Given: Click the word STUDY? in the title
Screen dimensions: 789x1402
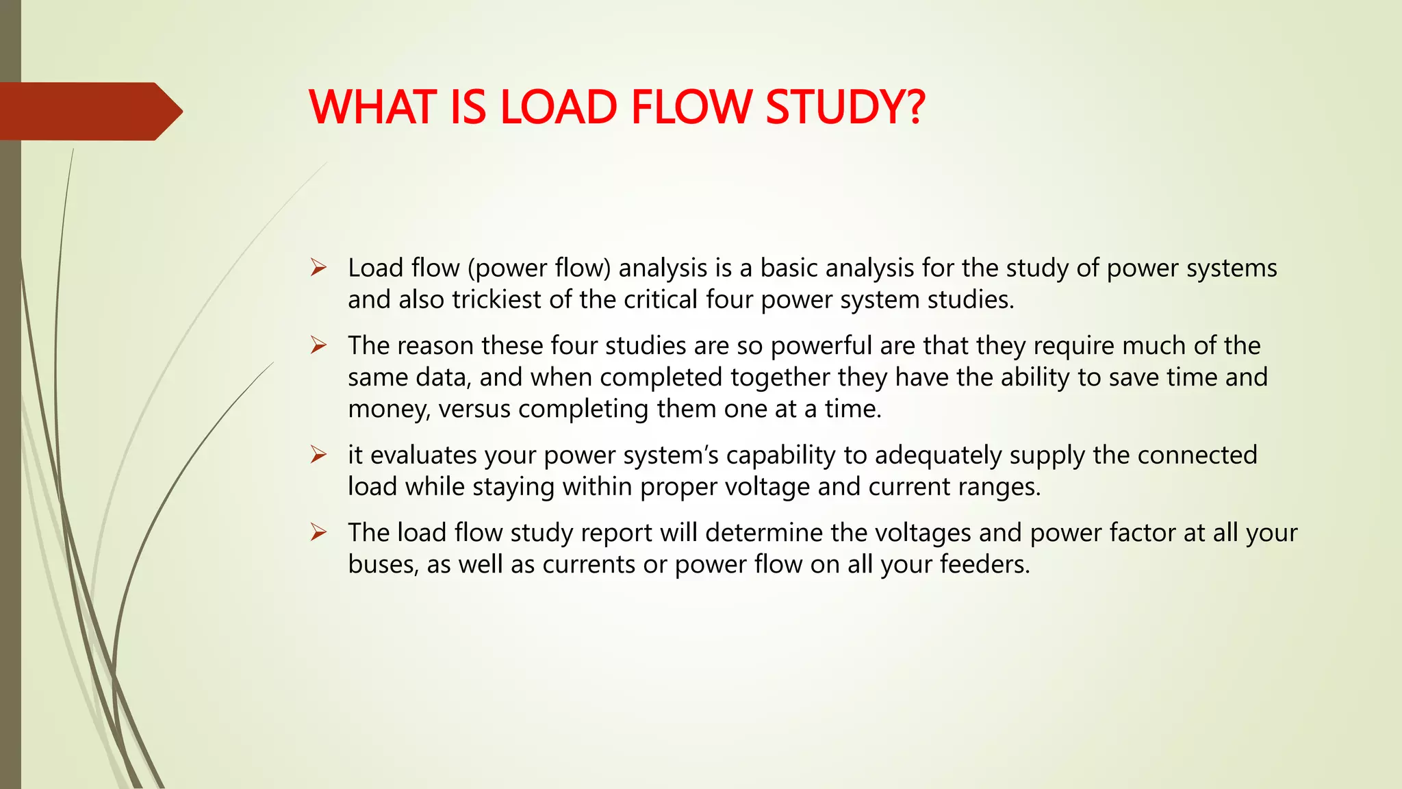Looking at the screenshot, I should pyautogui.click(x=845, y=108).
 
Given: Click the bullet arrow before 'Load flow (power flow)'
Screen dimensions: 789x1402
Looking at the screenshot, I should pyautogui.click(x=318, y=268).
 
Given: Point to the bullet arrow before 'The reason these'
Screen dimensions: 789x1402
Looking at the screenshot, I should pyautogui.click(x=318, y=345).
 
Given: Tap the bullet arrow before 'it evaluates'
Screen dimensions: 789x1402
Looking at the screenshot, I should pyautogui.click(x=318, y=455).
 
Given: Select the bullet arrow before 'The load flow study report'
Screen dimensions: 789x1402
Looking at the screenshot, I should pyautogui.click(x=318, y=532).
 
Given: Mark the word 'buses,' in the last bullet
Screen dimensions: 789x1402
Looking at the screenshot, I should pyautogui.click(x=383, y=564).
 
